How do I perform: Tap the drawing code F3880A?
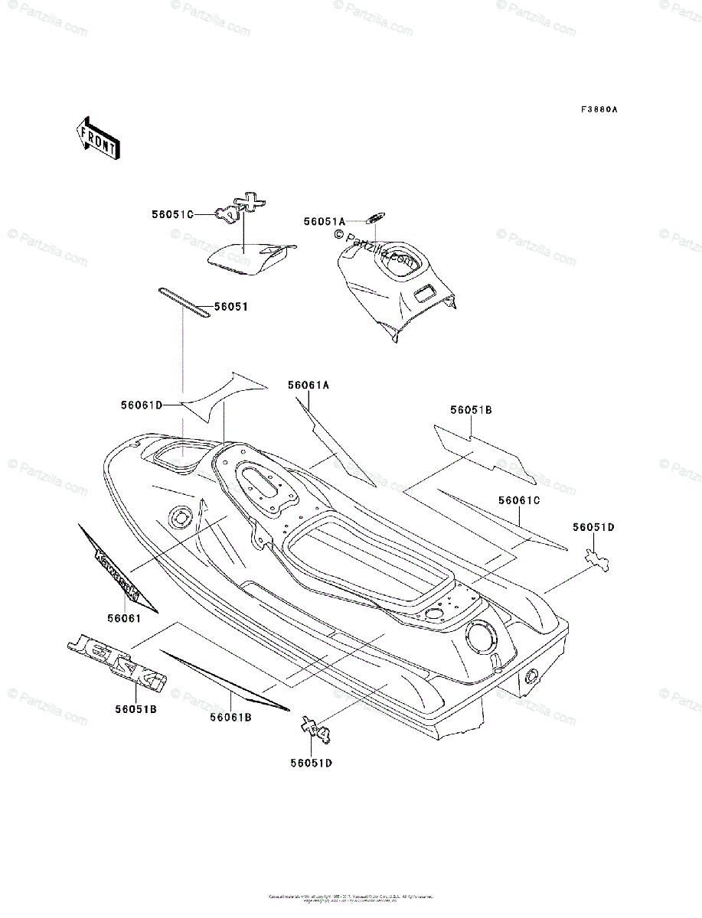599,110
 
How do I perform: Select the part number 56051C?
172,215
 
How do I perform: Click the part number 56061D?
141,405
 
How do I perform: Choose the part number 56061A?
309,386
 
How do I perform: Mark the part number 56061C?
519,500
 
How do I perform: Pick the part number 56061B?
231,718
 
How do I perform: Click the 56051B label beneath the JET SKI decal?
137,710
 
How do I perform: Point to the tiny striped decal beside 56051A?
376,216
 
